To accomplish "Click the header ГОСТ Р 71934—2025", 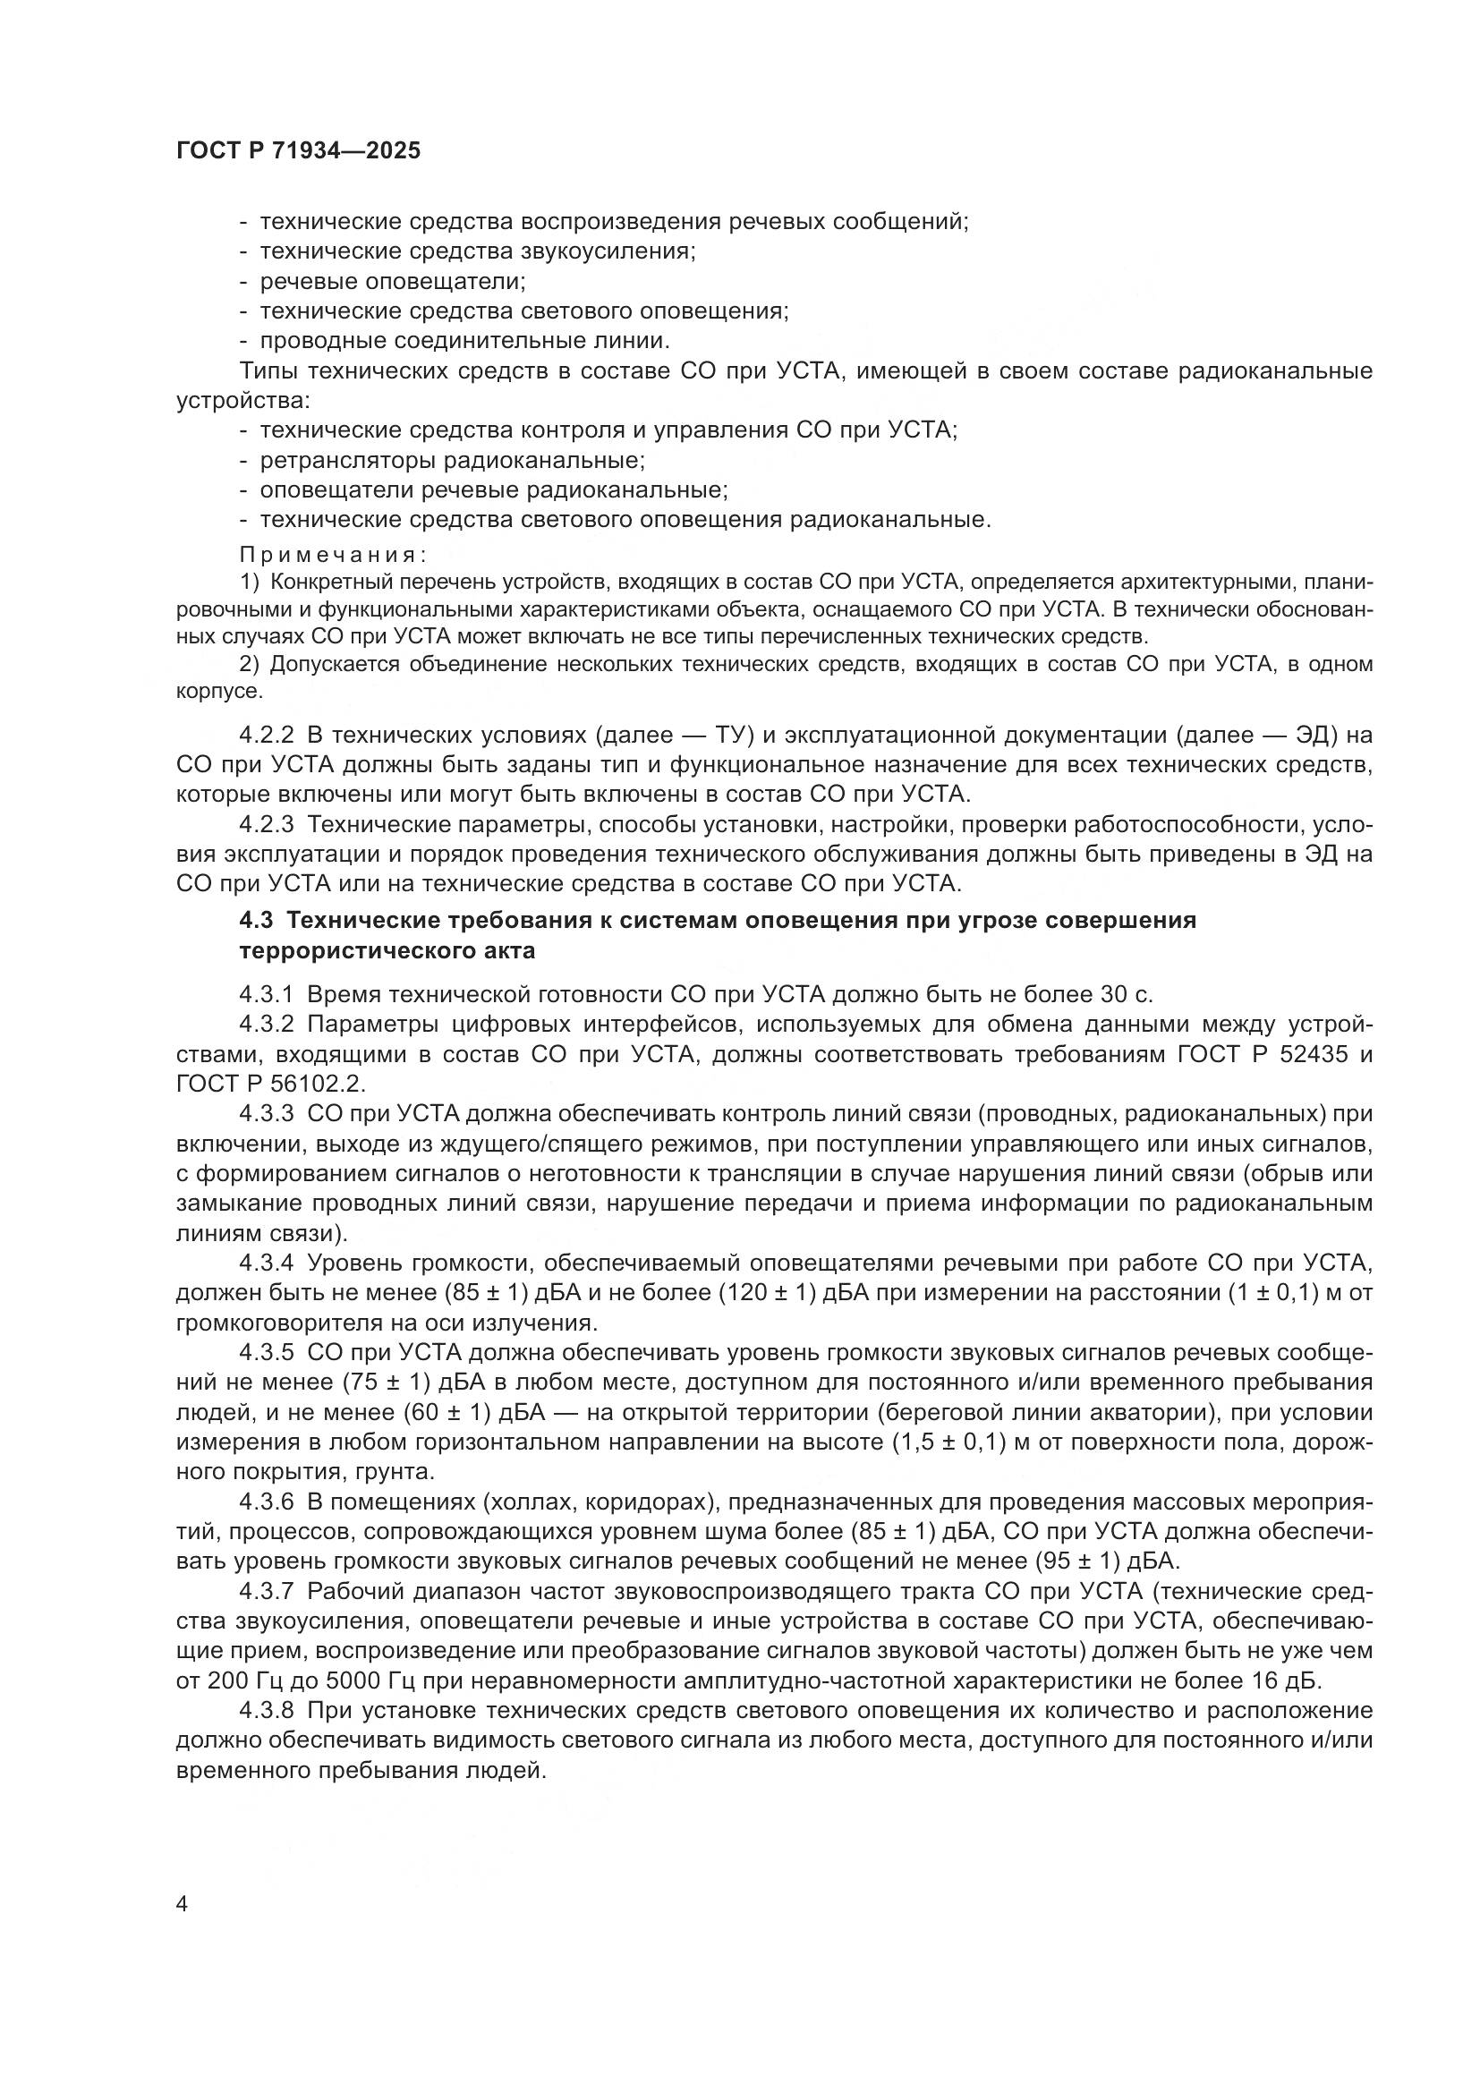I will pyautogui.click(x=298, y=151).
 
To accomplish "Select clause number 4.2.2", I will pyautogui.click(x=266, y=735).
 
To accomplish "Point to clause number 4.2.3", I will pyautogui.click(x=266, y=824).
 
